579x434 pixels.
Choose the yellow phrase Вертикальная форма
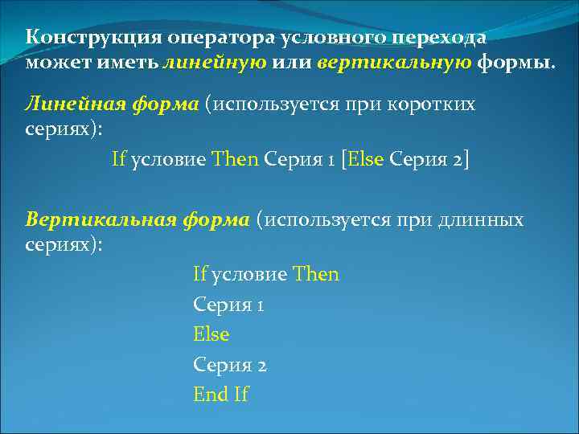pos(138,219)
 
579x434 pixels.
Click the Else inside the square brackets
pos(365,158)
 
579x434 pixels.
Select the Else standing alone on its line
pos(211,334)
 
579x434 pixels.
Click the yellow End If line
pos(221,395)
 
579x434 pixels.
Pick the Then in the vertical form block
pos(316,275)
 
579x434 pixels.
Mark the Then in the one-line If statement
pos(235,158)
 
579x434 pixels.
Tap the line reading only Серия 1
pos(228,305)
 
